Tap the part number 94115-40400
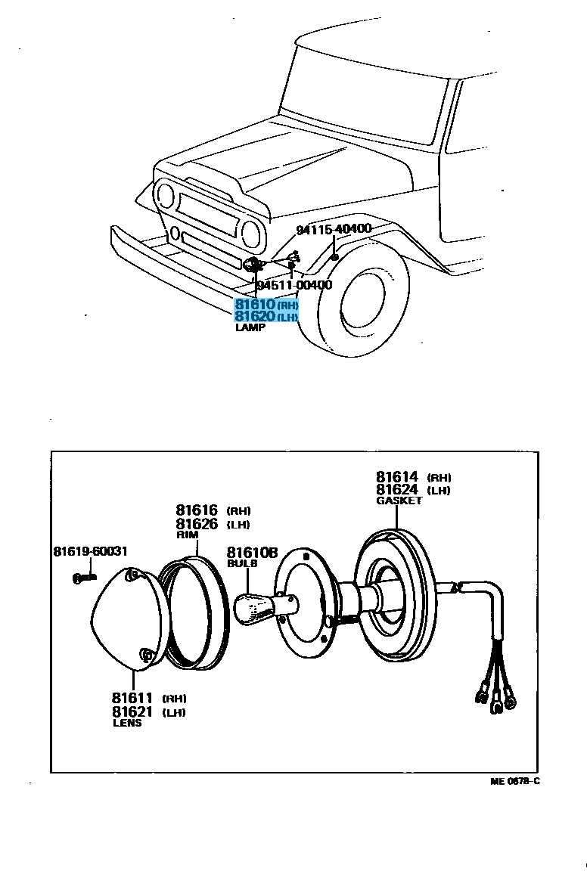[x=333, y=229]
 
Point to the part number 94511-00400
[x=294, y=285]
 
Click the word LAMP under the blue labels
[x=250, y=328]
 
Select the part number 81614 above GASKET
[x=397, y=476]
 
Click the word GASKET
[x=399, y=501]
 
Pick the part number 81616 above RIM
[x=197, y=510]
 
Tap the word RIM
[x=187, y=535]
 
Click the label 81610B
[x=253, y=552]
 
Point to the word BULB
[x=242, y=563]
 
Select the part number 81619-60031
[x=90, y=552]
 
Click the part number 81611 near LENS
[x=132, y=698]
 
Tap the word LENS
[x=126, y=723]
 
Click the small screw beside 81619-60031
[x=84, y=578]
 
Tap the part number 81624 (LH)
[x=397, y=489]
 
